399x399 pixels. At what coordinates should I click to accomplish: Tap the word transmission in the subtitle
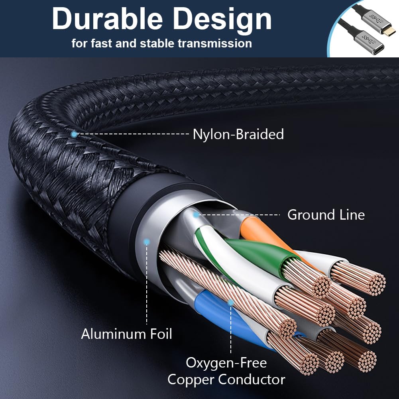[x=215, y=43]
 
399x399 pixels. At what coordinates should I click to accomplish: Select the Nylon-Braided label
[x=238, y=134]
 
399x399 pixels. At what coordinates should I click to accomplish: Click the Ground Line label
[x=326, y=215]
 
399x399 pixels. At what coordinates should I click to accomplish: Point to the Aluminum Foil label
[x=126, y=334]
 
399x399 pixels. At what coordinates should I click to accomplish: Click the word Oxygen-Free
[x=226, y=363]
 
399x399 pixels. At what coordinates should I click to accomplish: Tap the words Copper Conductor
[x=226, y=379]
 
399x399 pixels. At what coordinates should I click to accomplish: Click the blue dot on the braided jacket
[x=74, y=134]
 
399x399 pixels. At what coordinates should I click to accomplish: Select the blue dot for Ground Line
[x=196, y=215]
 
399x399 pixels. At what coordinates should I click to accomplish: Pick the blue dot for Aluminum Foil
[x=147, y=242]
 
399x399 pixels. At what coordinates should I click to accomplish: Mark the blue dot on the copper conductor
[x=230, y=303]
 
